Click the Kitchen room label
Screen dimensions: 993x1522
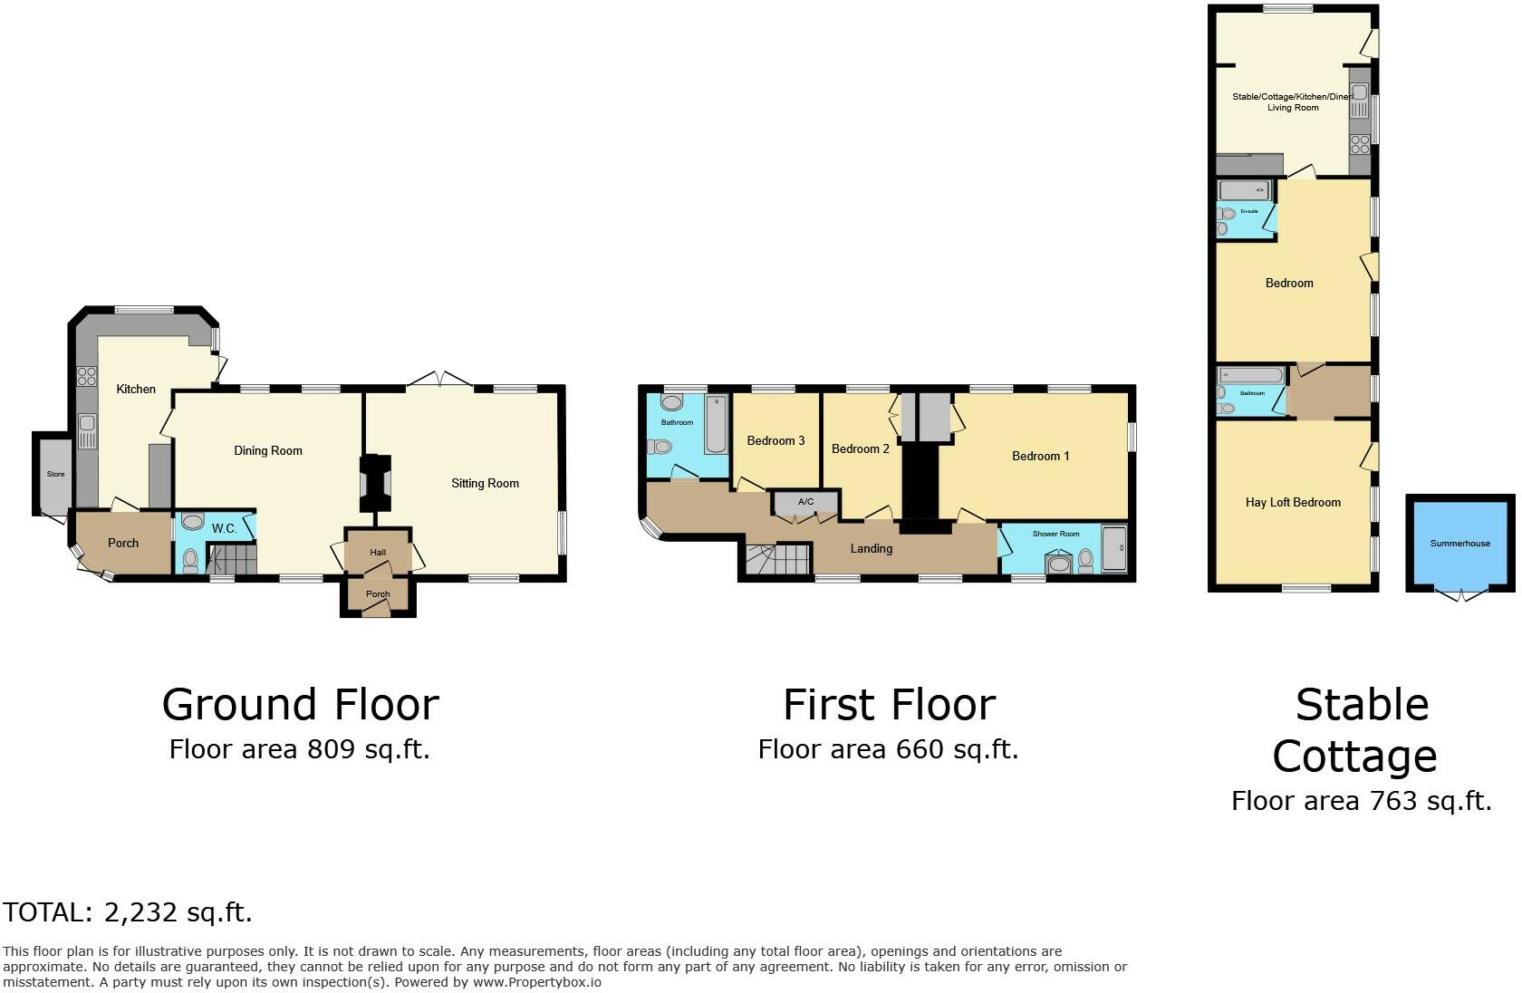point(136,389)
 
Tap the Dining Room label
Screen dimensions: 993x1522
point(268,450)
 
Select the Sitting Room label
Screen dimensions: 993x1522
point(485,483)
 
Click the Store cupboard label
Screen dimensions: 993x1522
point(56,474)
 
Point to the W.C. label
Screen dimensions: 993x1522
point(224,528)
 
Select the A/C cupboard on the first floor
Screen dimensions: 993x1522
point(805,502)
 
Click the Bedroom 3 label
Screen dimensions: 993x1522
point(775,440)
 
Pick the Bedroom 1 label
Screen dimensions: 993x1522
point(1040,456)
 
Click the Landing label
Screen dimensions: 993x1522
point(871,548)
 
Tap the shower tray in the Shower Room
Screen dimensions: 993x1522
point(1113,548)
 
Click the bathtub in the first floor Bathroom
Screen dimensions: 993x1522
point(716,424)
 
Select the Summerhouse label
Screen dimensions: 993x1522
point(1459,543)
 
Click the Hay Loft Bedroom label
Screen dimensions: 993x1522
point(1293,502)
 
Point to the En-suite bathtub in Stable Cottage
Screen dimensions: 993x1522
point(1244,190)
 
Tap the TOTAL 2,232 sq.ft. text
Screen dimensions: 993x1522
point(128,912)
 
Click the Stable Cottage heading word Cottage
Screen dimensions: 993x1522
point(1354,756)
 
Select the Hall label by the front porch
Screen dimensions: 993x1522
point(378,552)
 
